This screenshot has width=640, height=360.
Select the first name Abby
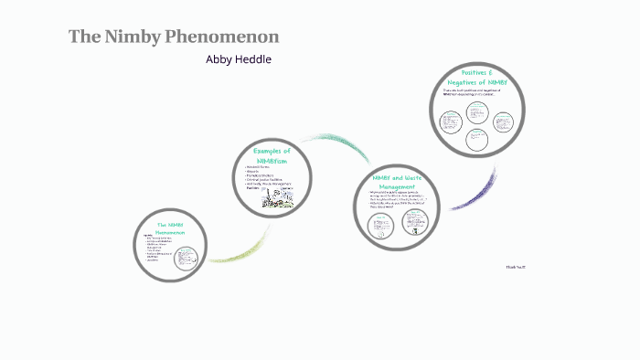221,59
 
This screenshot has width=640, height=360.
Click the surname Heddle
255,59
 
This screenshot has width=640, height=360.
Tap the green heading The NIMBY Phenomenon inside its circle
170,228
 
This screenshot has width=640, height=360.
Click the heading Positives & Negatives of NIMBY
476,78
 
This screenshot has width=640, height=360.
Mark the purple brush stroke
475,192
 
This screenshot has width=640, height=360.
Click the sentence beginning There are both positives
474,91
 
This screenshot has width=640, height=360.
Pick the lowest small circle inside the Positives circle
476,140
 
